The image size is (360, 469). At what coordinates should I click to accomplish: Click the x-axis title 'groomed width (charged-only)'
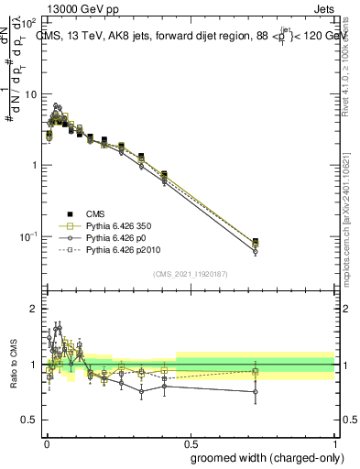[262, 457]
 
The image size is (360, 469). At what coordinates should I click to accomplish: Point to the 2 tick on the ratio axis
[34, 309]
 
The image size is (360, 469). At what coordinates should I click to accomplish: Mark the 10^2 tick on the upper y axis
[30, 22]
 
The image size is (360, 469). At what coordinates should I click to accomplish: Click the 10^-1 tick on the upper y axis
[30, 236]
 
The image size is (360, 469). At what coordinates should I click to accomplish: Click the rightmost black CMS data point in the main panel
[256, 241]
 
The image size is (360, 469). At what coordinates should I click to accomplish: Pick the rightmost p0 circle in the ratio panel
[256, 391]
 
